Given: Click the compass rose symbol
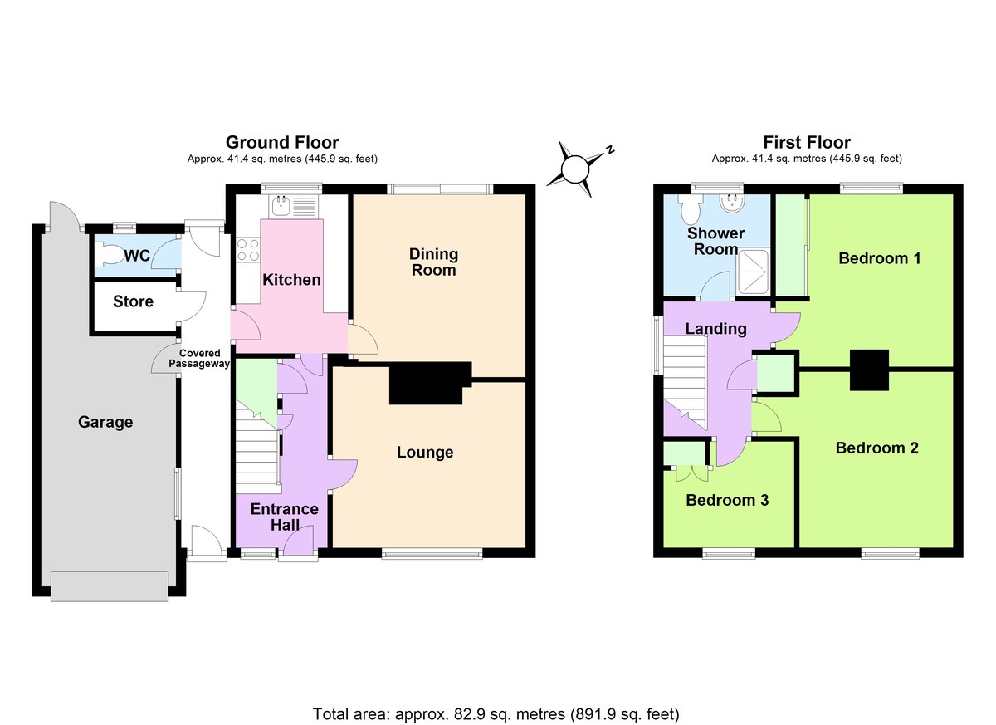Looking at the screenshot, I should pyautogui.click(x=574, y=169).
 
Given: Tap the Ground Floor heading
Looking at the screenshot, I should pyautogui.click(x=282, y=143).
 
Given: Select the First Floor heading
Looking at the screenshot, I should pyautogui.click(x=806, y=143).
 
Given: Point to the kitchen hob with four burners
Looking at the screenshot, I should pyautogui.click(x=247, y=249).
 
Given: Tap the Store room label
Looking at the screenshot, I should pyautogui.click(x=134, y=301).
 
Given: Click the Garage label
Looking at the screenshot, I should pyautogui.click(x=105, y=422).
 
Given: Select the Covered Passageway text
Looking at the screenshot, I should pyautogui.click(x=199, y=358).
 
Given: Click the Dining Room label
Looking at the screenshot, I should pyautogui.click(x=433, y=262).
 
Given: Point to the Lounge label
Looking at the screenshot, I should pyautogui.click(x=425, y=453).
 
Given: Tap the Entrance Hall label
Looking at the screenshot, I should pyautogui.click(x=284, y=517).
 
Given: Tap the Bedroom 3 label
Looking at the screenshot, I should pyautogui.click(x=727, y=500).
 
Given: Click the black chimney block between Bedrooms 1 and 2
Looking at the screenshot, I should pyautogui.click(x=869, y=370).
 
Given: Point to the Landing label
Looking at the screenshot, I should pyautogui.click(x=715, y=329).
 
